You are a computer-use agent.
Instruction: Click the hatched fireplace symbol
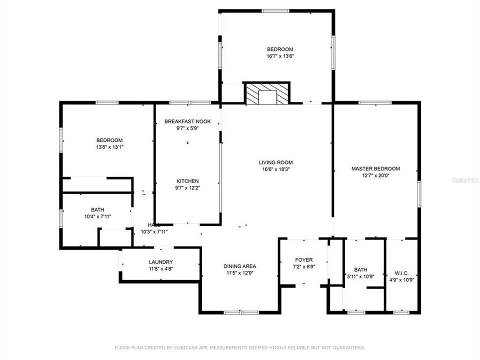tap(267, 93)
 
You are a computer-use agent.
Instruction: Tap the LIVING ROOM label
tap(275, 162)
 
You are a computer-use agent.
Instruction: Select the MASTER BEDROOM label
tap(375, 169)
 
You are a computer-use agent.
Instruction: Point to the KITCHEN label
tap(187, 181)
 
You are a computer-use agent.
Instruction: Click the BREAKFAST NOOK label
tap(187, 121)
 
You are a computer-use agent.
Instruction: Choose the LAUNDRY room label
tap(160, 262)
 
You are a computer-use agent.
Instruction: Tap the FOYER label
tap(303, 260)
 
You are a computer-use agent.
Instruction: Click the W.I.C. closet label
tap(401, 273)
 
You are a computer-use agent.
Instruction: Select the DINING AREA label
tap(239, 266)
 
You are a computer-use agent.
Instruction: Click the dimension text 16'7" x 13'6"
tap(280, 56)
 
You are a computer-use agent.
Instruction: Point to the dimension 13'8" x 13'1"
tap(109, 147)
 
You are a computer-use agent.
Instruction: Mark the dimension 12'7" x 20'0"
tap(375, 175)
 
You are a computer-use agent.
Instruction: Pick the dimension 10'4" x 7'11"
tap(97, 216)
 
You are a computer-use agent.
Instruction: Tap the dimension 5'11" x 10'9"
tap(360, 276)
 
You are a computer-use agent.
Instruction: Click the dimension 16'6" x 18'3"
tap(275, 169)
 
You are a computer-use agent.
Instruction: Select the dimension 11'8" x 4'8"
tap(160, 268)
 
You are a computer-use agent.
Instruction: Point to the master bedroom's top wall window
tap(375, 103)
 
